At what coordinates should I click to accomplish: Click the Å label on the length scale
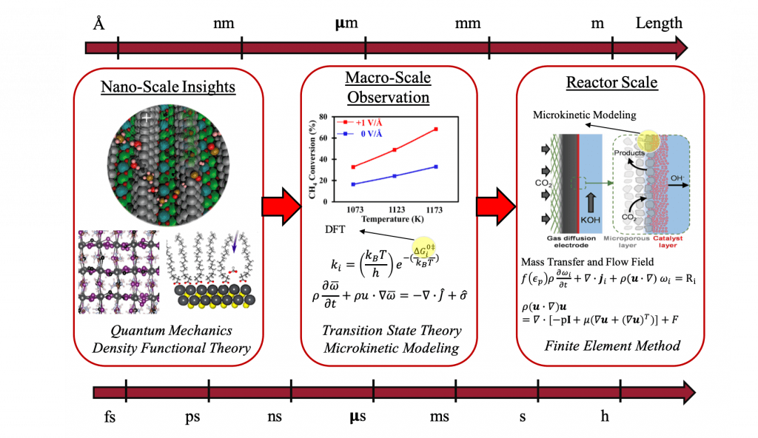pos(98,24)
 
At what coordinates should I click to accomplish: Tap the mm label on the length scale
pos(468,24)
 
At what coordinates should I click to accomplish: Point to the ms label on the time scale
pos(440,417)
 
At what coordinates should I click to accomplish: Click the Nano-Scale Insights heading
pos(167,87)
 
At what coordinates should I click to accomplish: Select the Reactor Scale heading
pos(611,82)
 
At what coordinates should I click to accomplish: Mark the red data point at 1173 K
pos(436,129)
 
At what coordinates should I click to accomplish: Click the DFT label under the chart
pos(335,230)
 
